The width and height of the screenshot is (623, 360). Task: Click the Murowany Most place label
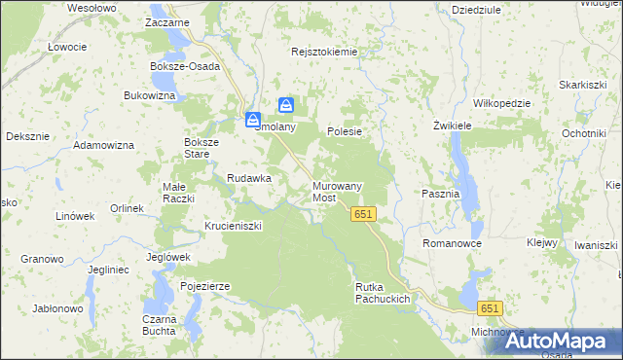(337, 191)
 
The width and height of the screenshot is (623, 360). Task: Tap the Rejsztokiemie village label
(324, 52)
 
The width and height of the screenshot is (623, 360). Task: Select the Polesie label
(345, 131)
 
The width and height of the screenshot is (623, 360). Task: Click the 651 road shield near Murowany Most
(364, 214)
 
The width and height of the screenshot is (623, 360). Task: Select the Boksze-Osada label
(185, 66)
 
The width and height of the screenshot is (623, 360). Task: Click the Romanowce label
(452, 242)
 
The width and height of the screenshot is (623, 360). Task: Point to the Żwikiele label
(453, 126)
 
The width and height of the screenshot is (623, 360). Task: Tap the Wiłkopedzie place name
(500, 103)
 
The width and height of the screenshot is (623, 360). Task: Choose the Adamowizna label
(104, 145)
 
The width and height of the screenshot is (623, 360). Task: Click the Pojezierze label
(204, 286)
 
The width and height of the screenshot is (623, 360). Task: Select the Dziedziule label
(476, 9)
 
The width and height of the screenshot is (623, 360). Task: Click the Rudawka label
(248, 178)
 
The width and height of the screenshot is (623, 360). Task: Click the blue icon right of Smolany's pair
(286, 105)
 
